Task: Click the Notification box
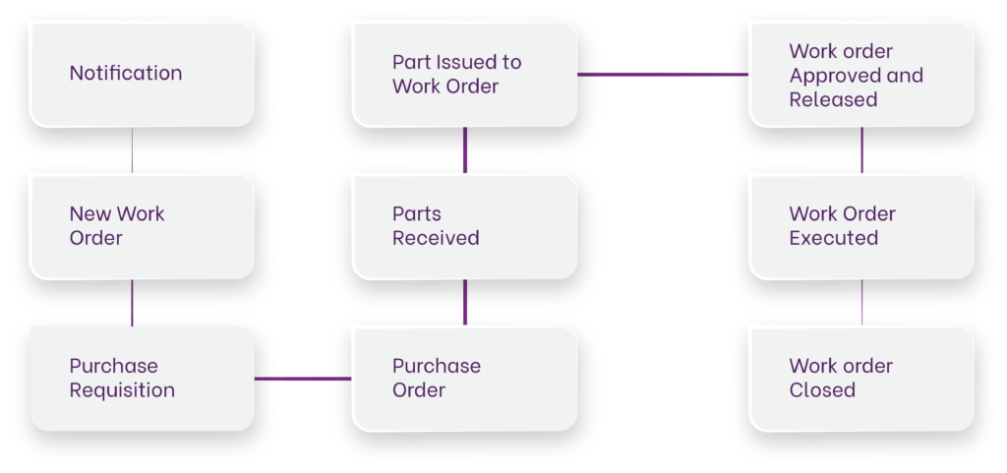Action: [141, 74]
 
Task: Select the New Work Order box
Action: [141, 226]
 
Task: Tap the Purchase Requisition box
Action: [141, 379]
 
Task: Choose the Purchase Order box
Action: [464, 379]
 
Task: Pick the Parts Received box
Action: [464, 226]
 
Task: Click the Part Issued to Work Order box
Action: [464, 74]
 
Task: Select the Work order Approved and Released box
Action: [860, 75]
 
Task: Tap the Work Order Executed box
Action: [860, 226]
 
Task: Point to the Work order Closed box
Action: [860, 379]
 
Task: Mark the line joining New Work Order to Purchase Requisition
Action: [132, 303]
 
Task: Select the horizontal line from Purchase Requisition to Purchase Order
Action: [303, 379]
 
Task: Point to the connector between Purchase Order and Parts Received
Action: [465, 303]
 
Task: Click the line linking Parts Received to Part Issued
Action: [465, 150]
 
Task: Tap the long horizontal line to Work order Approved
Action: [662, 74]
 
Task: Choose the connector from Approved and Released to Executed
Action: [862, 150]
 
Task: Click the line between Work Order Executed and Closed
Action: [862, 303]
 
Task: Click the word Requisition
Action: [122, 390]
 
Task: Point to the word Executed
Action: [833, 238]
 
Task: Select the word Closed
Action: [822, 390]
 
